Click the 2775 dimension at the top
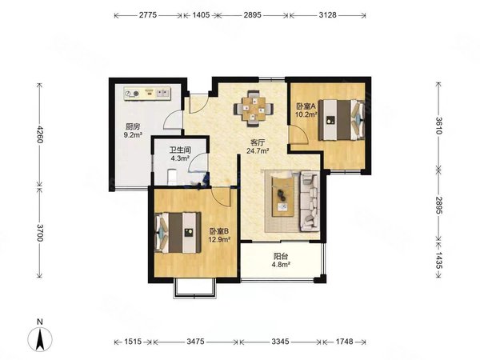pyautogui.click(x=148, y=14)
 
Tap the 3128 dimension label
pyautogui.click(x=327, y=14)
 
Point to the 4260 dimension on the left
pyautogui.click(x=39, y=134)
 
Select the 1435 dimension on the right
pyautogui.click(x=438, y=260)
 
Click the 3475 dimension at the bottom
pyautogui.click(x=195, y=342)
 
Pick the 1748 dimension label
pyautogui.click(x=344, y=342)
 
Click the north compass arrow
pyautogui.click(x=40, y=339)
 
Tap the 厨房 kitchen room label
pyautogui.click(x=133, y=126)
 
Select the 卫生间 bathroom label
pyautogui.click(x=180, y=150)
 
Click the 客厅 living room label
pyautogui.click(x=258, y=142)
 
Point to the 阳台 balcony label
pyautogui.click(x=281, y=257)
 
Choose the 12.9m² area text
pyautogui.click(x=219, y=239)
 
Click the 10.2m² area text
pyautogui.click(x=306, y=114)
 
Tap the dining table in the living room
pyautogui.click(x=253, y=108)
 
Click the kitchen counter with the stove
pyautogui.click(x=147, y=93)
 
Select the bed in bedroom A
pyautogui.click(x=342, y=120)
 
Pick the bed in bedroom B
pyautogui.click(x=178, y=233)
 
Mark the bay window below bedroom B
pyautogui.click(x=194, y=289)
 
